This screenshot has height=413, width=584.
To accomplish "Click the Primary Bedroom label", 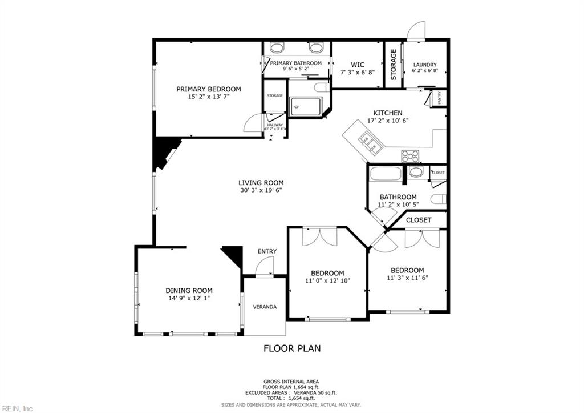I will tap(208, 89).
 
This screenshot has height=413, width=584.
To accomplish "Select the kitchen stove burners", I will tap(410, 155).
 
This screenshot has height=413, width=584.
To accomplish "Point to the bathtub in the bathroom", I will tap(385, 173).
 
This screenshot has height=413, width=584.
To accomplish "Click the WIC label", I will tap(357, 65).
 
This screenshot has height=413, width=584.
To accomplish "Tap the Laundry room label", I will tap(425, 65).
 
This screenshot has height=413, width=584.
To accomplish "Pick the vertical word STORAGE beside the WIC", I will tap(393, 65).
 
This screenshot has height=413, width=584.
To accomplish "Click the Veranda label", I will tap(265, 307).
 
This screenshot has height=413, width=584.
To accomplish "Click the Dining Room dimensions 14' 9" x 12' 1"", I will tap(189, 298).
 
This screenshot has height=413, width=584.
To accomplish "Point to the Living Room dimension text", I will tap(261, 191).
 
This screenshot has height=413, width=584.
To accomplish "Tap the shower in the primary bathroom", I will tap(305, 106).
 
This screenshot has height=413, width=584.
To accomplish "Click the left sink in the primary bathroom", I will tap(277, 47).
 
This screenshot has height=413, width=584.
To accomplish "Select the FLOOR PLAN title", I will tap(291, 348).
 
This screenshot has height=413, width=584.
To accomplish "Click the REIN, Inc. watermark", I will tap(17, 408).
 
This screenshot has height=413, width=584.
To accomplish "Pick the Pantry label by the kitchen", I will tap(439, 98).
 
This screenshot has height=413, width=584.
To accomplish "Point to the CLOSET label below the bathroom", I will tap(419, 220).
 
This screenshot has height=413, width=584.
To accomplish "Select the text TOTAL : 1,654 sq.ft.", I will tap(291, 398).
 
